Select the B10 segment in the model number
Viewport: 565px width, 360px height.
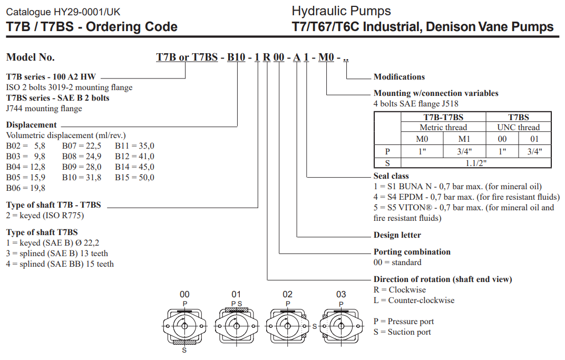pyautogui.click(x=236, y=57)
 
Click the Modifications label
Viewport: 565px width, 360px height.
pyautogui.click(x=399, y=77)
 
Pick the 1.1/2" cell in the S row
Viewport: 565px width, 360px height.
pyautogui.click(x=476, y=163)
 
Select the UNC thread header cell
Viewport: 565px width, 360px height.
pyautogui.click(x=519, y=128)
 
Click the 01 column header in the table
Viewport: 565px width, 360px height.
pyautogui.click(x=535, y=139)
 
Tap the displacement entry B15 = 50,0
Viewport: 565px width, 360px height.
pyautogui.click(x=134, y=178)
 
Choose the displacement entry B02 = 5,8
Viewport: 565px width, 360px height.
pyautogui.click(x=26, y=146)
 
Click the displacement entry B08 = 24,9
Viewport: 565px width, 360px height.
pyautogui.click(x=82, y=157)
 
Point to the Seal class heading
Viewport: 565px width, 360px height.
pyautogui.click(x=391, y=176)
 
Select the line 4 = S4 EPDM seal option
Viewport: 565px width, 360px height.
pyautogui.click(x=466, y=197)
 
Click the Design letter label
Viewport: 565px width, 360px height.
pyautogui.click(x=397, y=235)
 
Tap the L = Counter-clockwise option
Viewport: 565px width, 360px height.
pyautogui.click(x=414, y=300)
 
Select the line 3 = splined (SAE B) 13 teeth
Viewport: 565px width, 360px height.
pyautogui.click(x=57, y=254)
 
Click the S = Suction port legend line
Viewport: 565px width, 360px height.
pyautogui.click(x=402, y=332)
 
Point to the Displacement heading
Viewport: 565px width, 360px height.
pyautogui.click(x=31, y=125)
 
